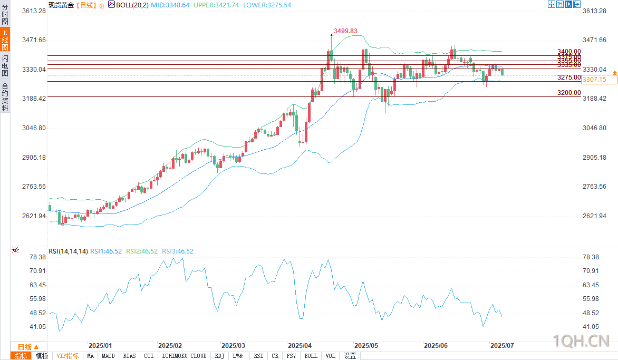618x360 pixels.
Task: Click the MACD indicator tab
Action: [109, 356]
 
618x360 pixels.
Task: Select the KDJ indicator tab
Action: [219, 356]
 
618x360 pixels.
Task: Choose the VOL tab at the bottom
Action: [331, 356]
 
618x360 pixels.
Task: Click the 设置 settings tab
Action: [350, 356]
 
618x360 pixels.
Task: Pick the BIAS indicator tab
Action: [129, 356]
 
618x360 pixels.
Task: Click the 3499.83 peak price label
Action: [345, 31]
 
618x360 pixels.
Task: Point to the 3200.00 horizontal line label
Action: [569, 93]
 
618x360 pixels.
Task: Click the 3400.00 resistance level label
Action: [569, 52]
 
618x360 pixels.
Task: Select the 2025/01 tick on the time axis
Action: [100, 346]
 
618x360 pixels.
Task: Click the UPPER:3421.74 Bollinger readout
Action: [216, 4]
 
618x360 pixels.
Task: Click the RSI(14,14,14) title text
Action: [68, 251]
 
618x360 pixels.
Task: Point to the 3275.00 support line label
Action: [569, 77]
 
